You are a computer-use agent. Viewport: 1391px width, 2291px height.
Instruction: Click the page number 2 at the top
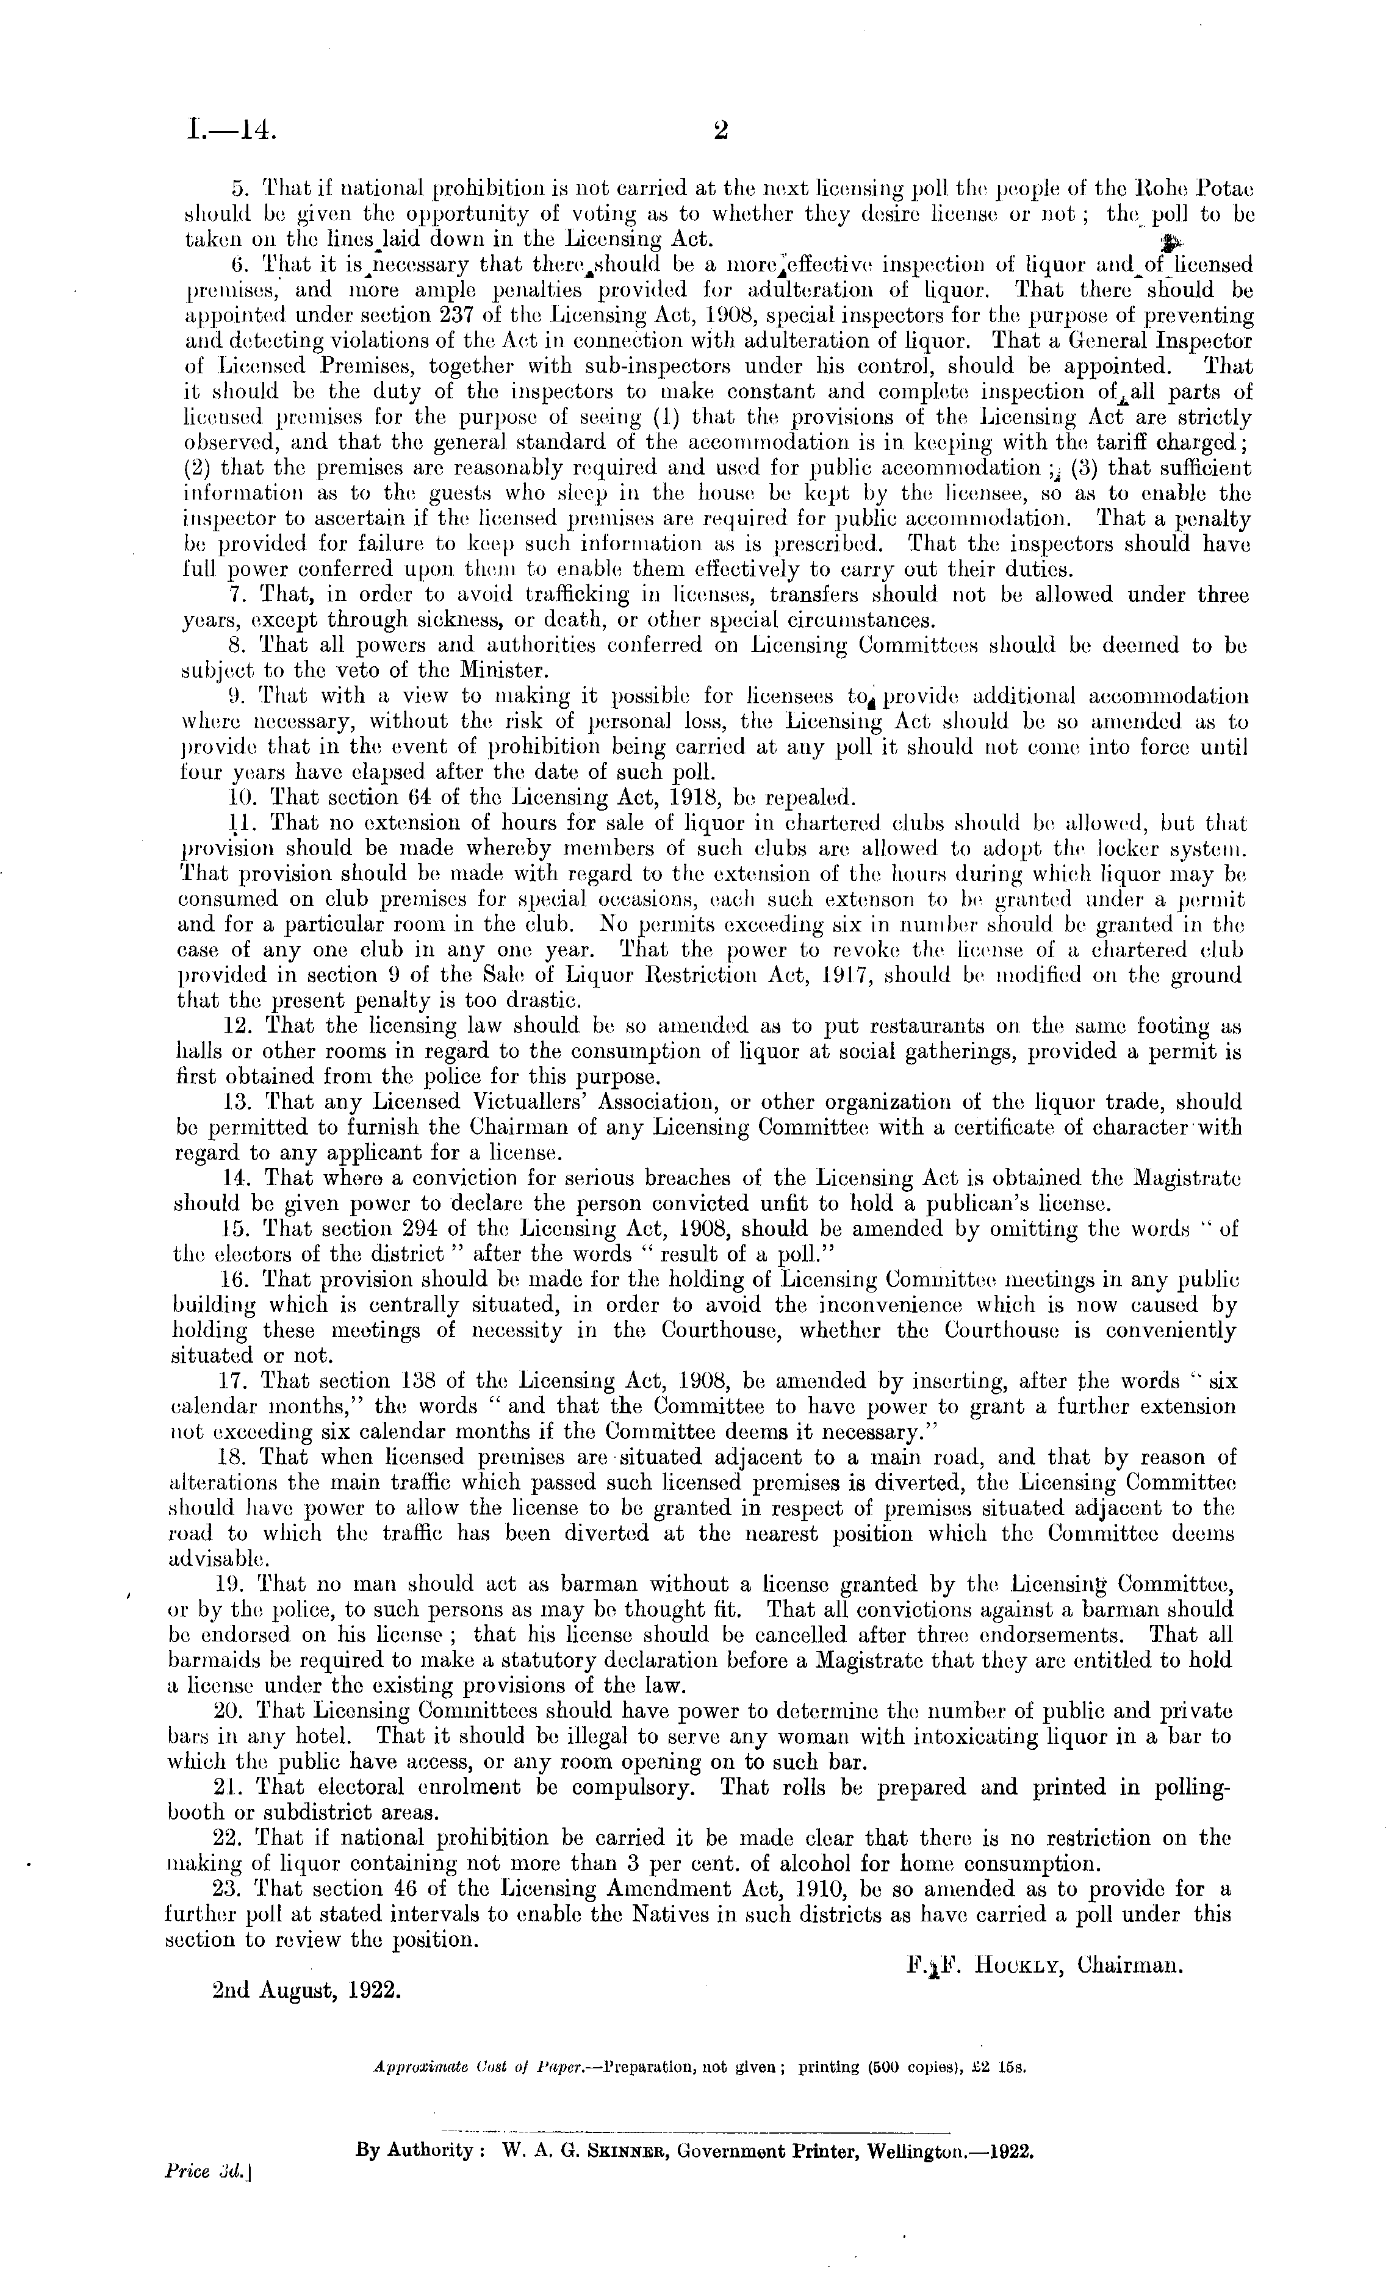click(x=719, y=131)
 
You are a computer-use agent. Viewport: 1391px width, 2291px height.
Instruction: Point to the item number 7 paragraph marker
click(x=236, y=595)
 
